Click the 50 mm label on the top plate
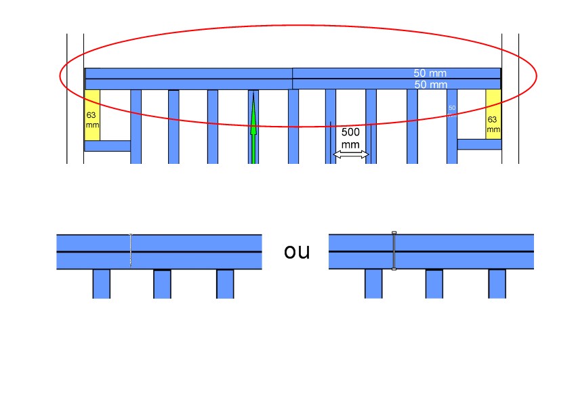[x=430, y=73]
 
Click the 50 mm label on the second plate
[x=430, y=85]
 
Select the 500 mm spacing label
[x=350, y=138]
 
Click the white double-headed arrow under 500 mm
[x=350, y=155]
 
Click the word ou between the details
[x=297, y=252]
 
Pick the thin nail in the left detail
[x=131, y=251]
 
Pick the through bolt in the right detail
[x=394, y=251]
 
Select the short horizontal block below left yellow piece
[x=107, y=146]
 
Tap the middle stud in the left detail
[x=162, y=284]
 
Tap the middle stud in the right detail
[x=434, y=284]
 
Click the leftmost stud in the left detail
[x=101, y=284]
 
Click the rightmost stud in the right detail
[x=497, y=284]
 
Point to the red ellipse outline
[x=298, y=26]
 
